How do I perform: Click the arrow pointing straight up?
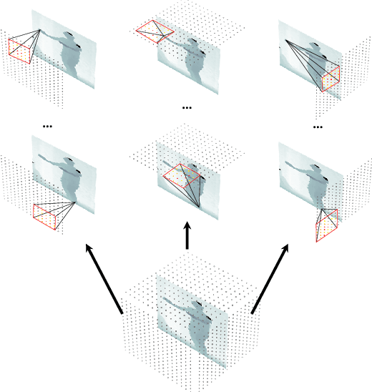pyautogui.click(x=187, y=237)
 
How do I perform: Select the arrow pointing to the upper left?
pyautogui.click(x=104, y=279)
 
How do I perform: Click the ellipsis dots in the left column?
pyautogui.click(x=49, y=126)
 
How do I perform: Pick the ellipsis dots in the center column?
pyautogui.click(x=187, y=109)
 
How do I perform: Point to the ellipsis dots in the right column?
pyautogui.click(x=318, y=127)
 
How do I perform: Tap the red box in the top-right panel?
pyautogui.click(x=330, y=79)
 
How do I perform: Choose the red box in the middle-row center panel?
pyautogui.click(x=179, y=175)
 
